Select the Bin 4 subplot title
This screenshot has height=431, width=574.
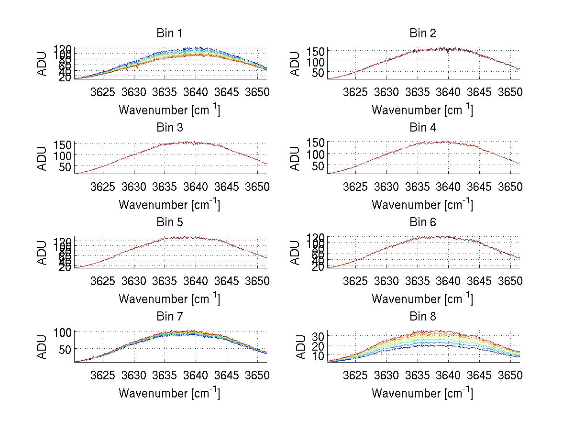(x=422, y=128)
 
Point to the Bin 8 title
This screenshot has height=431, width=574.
(x=422, y=317)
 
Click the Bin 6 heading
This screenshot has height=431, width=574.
(x=422, y=222)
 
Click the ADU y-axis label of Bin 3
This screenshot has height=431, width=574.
(x=42, y=157)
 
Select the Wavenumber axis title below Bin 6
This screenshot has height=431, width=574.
(x=422, y=299)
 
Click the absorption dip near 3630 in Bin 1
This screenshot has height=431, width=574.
(x=137, y=66)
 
